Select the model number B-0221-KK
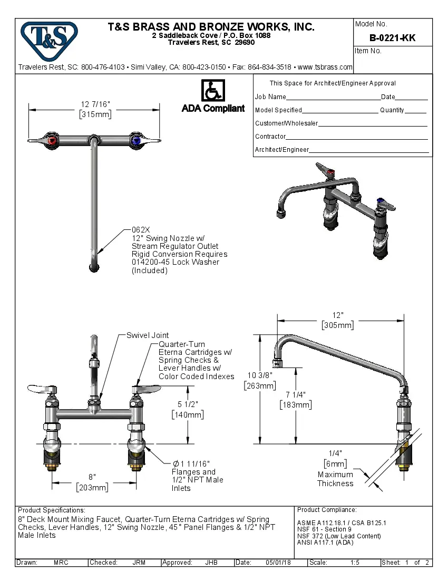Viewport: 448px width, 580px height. [x=392, y=37]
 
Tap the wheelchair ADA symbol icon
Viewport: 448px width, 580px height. [x=213, y=91]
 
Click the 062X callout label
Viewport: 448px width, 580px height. [x=141, y=230]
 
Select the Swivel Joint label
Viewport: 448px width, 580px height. [x=148, y=335]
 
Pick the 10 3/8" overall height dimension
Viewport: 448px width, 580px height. [x=259, y=375]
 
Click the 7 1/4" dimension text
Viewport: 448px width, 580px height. [x=295, y=394]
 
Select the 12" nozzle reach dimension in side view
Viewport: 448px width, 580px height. [x=338, y=315]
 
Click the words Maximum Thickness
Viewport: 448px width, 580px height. [x=335, y=479]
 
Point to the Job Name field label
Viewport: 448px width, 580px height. [x=270, y=97]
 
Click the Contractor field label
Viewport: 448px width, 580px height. [x=270, y=137]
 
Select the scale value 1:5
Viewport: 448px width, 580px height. [x=355, y=563]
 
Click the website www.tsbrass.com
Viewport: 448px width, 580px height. [x=325, y=67]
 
